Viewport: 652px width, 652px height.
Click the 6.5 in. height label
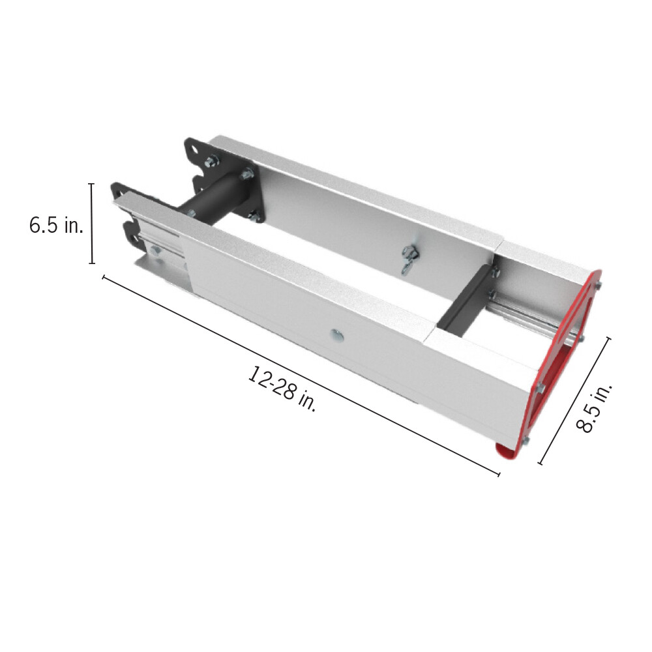[x=56, y=226]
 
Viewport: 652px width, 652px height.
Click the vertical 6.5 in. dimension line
[x=91, y=224]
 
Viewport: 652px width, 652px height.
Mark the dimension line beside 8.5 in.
[x=574, y=400]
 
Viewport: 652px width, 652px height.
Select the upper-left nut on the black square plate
[x=213, y=160]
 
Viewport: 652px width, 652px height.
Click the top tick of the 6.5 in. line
[x=91, y=185]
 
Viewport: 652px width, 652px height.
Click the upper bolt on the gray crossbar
[x=494, y=273]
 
